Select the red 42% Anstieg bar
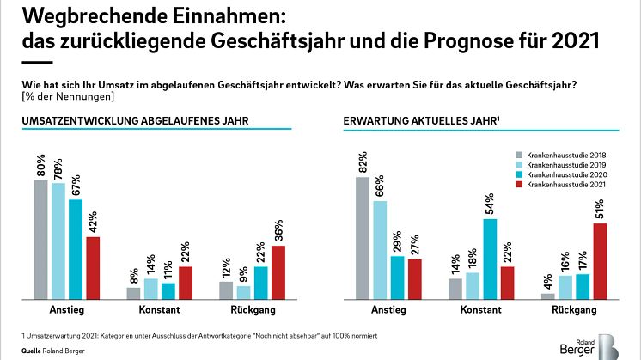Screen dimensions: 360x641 click(x=93, y=268)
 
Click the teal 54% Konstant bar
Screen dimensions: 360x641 click(x=491, y=259)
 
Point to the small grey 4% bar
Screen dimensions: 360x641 click(x=547, y=296)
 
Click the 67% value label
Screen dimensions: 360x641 click(x=76, y=186)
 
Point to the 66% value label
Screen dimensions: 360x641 click(x=380, y=188)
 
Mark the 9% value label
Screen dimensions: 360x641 click(x=243, y=274)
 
